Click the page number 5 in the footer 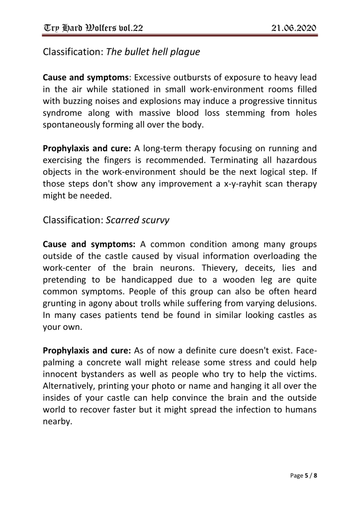(305, 475)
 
